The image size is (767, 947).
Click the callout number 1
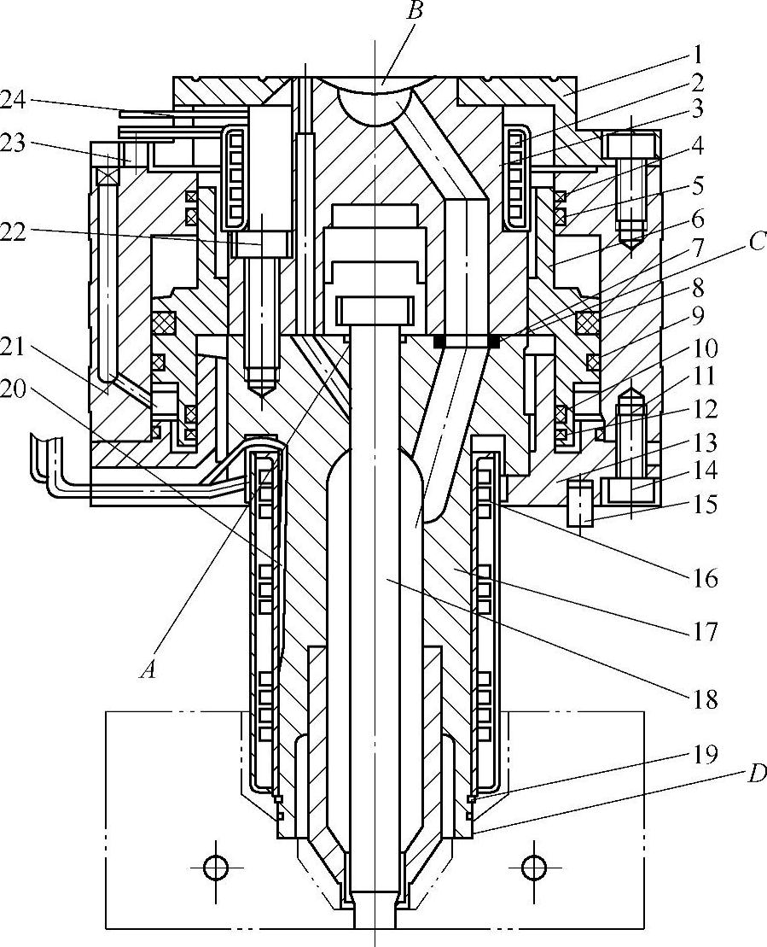(697, 55)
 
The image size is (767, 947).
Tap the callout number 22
(15, 232)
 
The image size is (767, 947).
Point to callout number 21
(15, 348)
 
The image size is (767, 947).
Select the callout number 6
(698, 219)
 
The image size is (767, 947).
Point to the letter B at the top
(414, 12)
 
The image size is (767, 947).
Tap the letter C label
(757, 243)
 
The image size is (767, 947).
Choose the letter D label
(757, 773)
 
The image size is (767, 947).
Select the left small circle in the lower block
(213, 868)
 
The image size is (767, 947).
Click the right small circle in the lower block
(531, 868)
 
